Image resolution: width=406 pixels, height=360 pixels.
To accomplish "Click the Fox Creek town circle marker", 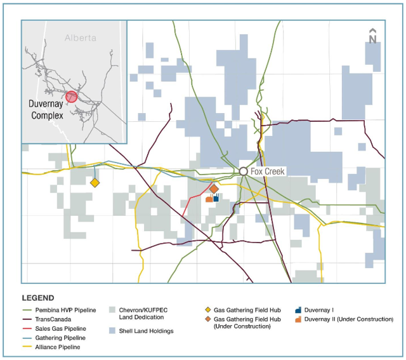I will pos(243,171).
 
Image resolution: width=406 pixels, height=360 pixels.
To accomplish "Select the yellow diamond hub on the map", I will pos(95,183).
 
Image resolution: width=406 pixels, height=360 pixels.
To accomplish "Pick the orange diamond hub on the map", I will pos(214,189).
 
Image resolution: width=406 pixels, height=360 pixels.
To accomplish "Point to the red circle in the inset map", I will pos(72,97).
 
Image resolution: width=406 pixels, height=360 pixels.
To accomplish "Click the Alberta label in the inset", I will pos(81,38).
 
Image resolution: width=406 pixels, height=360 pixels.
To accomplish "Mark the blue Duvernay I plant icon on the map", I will pos(216,198).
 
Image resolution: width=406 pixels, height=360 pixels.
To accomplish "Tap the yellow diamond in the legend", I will pos(206,310).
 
